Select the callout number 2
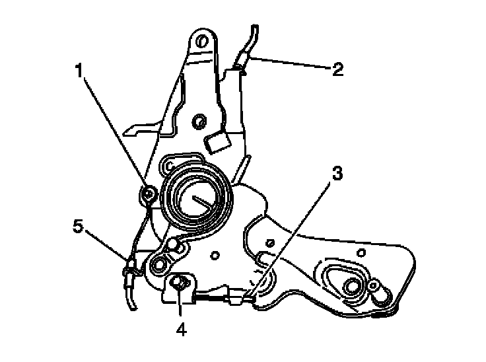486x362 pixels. [337, 69]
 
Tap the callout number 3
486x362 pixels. [337, 174]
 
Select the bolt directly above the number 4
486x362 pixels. [178, 284]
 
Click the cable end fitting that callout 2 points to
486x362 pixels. [240, 63]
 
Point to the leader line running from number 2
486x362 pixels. [291, 64]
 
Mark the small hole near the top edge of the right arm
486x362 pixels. [361, 252]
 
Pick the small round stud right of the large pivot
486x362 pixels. [375, 286]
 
